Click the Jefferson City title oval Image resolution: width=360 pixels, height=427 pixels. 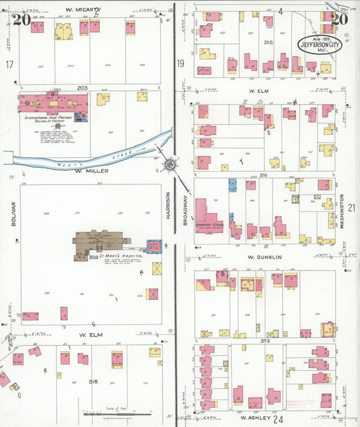(320, 45)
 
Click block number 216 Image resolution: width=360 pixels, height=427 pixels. (264, 175)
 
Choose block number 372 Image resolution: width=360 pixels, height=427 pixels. (265, 341)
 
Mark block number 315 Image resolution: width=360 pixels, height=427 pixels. (93, 382)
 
